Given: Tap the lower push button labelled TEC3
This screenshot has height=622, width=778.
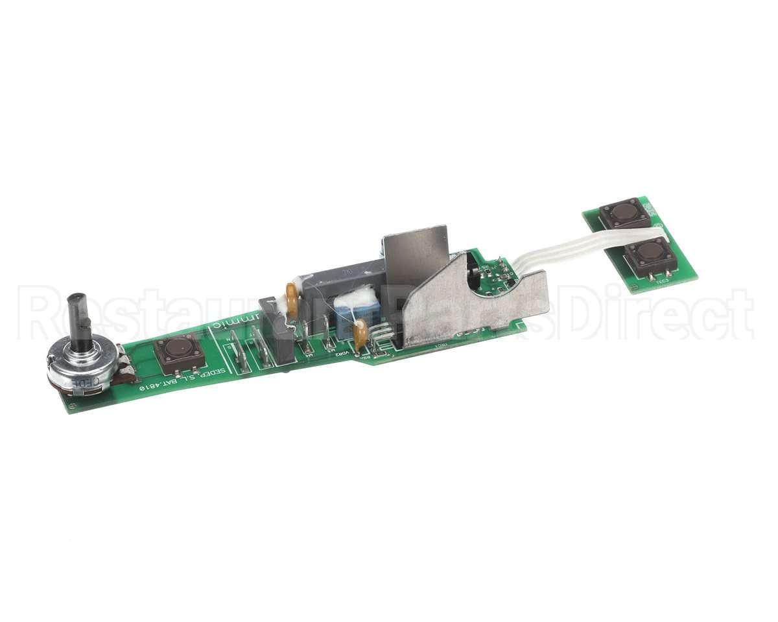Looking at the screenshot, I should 648,253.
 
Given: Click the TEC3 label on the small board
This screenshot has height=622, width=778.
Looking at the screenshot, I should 661,281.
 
